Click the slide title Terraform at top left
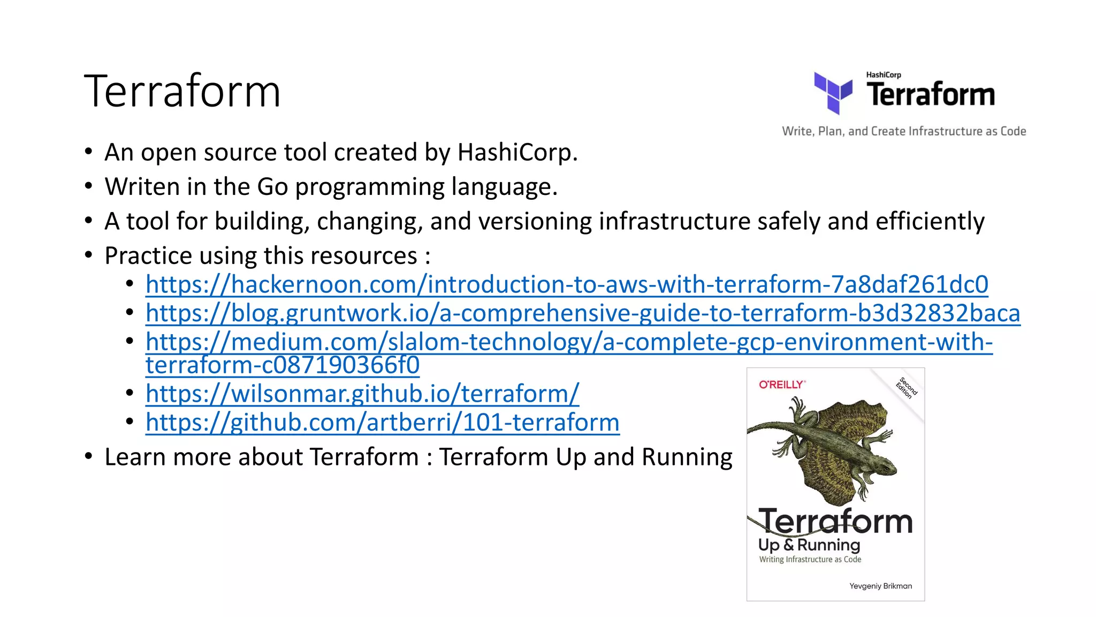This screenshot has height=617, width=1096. (x=182, y=92)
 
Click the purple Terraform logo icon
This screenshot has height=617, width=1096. (x=833, y=93)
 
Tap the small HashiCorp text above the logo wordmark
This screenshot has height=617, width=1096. (x=884, y=75)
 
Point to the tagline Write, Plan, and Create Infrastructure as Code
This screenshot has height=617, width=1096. (x=904, y=131)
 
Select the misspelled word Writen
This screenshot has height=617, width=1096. (x=142, y=187)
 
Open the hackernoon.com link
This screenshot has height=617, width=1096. (x=567, y=284)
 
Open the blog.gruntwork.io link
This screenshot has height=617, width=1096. (x=583, y=313)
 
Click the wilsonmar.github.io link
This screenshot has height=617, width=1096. (x=362, y=394)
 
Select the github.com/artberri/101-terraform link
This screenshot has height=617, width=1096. (x=383, y=423)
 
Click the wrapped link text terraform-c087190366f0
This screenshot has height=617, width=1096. (x=283, y=365)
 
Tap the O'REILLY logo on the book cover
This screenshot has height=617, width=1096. (x=782, y=385)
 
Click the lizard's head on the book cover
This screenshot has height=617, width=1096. (x=885, y=466)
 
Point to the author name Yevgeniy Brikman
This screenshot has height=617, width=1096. (x=880, y=586)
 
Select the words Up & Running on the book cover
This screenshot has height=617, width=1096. (x=809, y=545)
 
